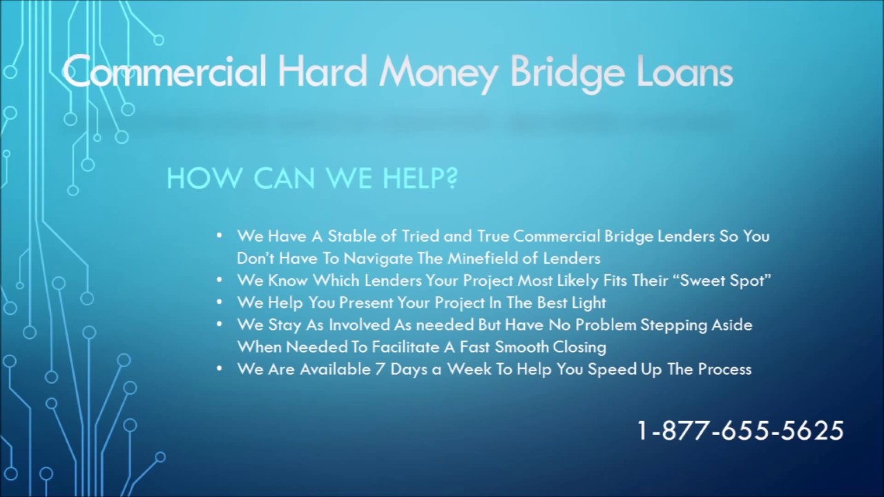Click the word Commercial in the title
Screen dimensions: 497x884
pos(164,72)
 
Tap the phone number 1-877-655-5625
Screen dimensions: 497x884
pos(740,431)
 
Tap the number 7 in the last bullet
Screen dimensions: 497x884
pos(379,369)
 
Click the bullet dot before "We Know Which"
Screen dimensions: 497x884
pos(220,280)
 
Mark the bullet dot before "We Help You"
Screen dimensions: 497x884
pos(220,302)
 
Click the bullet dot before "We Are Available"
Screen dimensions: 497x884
pos(220,369)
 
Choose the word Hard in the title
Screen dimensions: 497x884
pos(321,72)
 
